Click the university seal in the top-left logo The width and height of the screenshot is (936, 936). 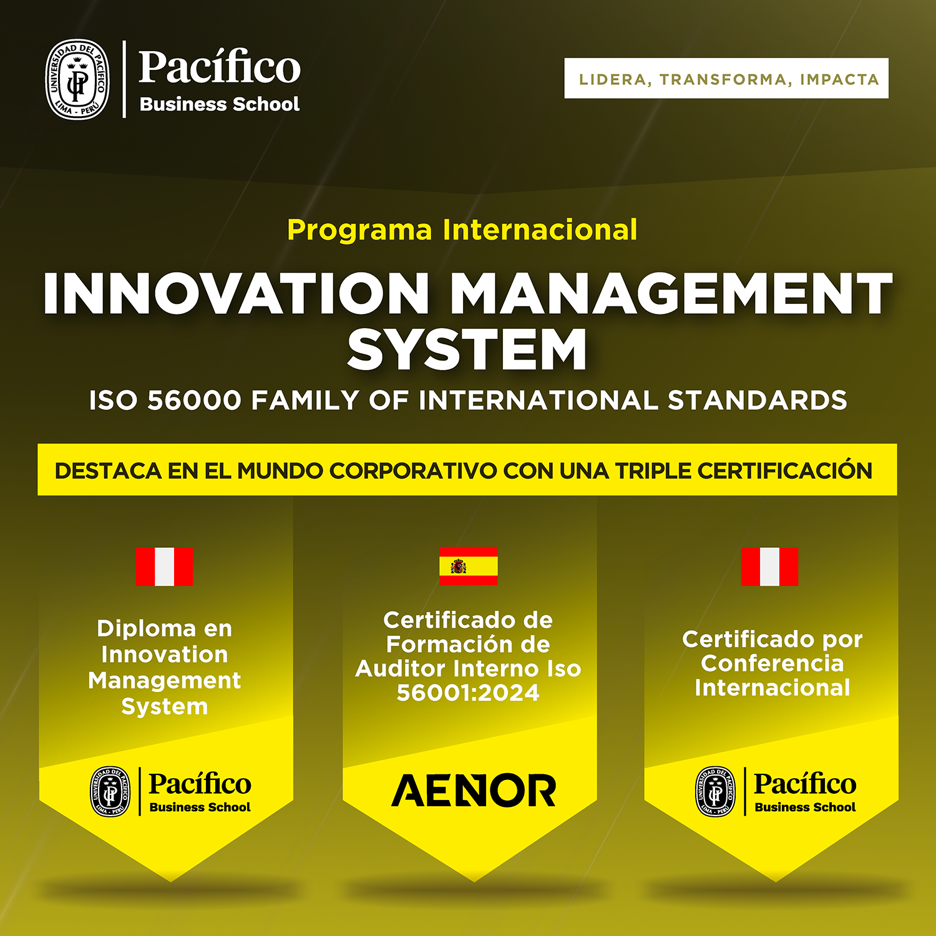click(x=77, y=79)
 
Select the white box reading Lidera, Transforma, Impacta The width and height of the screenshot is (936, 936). click(x=726, y=78)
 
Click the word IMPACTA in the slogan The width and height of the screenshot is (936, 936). click(x=839, y=79)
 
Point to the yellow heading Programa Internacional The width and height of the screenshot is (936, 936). click(x=462, y=230)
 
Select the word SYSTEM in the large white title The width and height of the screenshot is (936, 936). click(x=467, y=349)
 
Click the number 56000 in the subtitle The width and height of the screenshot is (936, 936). click(x=194, y=400)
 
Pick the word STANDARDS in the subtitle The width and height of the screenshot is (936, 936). click(x=758, y=400)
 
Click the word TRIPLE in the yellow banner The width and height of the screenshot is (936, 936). click(x=653, y=470)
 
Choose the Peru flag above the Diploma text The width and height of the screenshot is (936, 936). click(x=164, y=567)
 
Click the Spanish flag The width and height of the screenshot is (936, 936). click(x=468, y=565)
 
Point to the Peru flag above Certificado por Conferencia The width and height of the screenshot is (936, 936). click(x=769, y=567)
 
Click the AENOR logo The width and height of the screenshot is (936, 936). click(x=474, y=790)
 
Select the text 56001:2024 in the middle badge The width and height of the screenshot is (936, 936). click(x=468, y=693)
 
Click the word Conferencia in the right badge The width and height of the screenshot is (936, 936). click(x=773, y=663)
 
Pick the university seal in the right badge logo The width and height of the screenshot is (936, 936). click(x=716, y=791)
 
